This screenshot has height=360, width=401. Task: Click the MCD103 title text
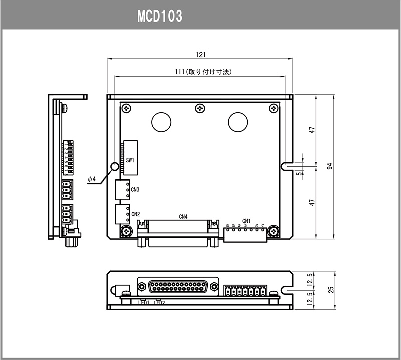[159, 16]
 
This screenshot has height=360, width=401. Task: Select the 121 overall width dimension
[200, 54]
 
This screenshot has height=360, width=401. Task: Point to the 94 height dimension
[329, 166]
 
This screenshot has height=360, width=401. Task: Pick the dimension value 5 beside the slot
[299, 173]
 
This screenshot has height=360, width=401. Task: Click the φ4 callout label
[91, 179]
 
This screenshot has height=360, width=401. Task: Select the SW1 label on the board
[130, 160]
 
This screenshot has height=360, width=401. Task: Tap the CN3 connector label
[135, 190]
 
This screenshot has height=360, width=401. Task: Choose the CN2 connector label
[135, 214]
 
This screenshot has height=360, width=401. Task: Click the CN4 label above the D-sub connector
[183, 217]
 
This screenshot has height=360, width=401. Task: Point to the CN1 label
[246, 220]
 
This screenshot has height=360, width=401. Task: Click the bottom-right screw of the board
[273, 231]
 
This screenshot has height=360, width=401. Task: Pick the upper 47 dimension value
[312, 130]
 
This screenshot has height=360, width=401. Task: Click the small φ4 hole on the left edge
[114, 166]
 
